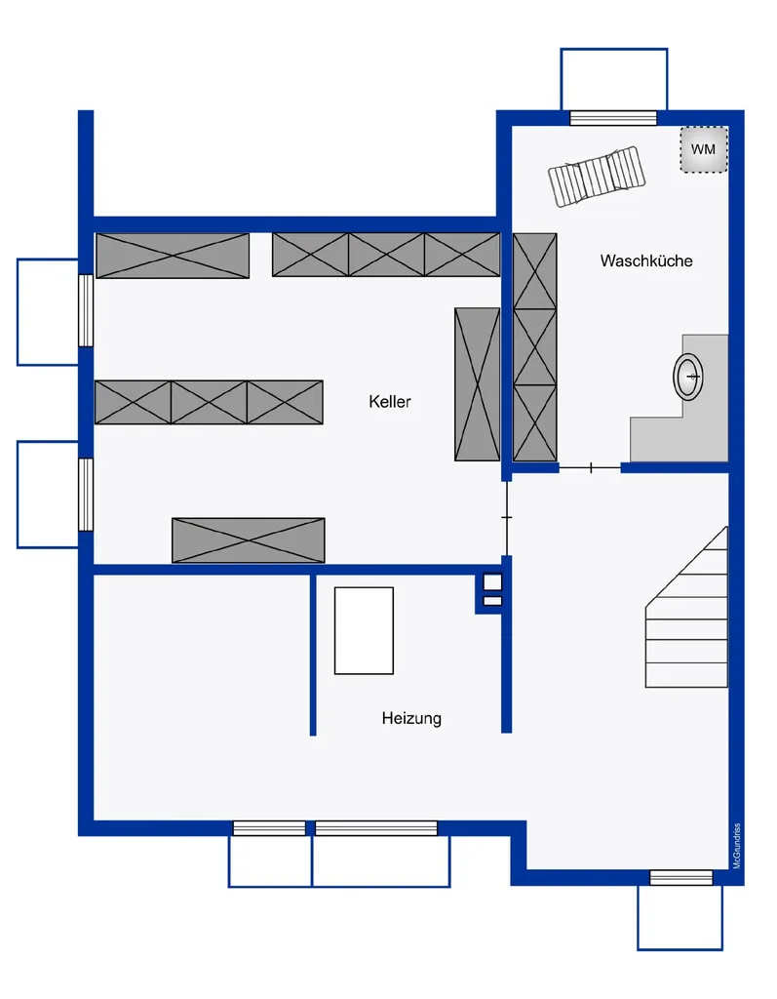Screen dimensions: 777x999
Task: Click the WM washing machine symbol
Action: (704, 149)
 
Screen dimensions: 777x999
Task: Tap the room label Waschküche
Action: (646, 260)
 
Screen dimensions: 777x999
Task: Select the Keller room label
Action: (390, 401)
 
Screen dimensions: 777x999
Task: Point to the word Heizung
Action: (411, 719)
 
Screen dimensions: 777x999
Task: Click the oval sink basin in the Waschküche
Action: (688, 377)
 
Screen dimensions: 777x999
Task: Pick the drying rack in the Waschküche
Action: (597, 177)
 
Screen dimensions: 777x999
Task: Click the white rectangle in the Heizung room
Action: (365, 631)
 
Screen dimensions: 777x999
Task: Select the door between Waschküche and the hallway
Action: (591, 468)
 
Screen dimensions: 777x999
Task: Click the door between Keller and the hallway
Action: (507, 518)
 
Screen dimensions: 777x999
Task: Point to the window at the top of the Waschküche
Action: (613, 118)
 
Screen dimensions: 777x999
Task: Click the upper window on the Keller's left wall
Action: (86, 310)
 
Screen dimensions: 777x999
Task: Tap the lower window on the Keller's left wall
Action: (86, 495)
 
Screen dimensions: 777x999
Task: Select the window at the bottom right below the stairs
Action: (680, 878)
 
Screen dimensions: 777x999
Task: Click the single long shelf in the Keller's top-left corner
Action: (173, 256)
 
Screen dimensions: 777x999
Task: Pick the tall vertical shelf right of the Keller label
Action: (477, 384)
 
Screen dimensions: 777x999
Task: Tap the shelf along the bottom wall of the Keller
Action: (249, 540)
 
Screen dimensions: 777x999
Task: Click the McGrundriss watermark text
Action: (737, 846)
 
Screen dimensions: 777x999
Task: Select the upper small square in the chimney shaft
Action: (492, 582)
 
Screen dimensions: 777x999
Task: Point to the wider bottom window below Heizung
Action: (376, 828)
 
